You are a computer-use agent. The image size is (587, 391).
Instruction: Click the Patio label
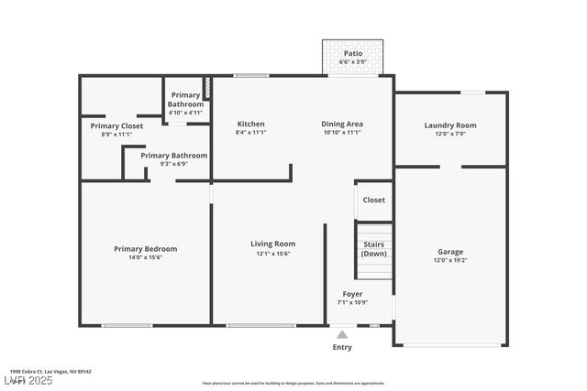click(x=353, y=53)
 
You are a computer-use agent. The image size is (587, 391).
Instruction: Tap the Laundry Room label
click(x=450, y=125)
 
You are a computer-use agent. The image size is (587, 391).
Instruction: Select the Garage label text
click(x=449, y=252)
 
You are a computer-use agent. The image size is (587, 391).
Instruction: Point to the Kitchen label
click(x=250, y=124)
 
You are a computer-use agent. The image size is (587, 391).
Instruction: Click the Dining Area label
click(x=342, y=124)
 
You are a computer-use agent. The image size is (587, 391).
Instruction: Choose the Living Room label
click(x=273, y=244)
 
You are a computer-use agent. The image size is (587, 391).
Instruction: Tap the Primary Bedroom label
click(x=145, y=248)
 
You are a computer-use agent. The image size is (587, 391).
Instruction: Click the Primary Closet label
click(x=116, y=125)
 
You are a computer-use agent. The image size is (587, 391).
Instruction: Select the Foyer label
click(x=352, y=294)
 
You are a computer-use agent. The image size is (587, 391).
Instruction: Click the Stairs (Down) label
click(x=374, y=248)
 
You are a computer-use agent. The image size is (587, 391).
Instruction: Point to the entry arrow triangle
click(x=342, y=334)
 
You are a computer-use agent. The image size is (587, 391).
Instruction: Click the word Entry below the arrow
click(x=342, y=347)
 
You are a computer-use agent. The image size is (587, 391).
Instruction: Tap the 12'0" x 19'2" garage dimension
click(x=449, y=261)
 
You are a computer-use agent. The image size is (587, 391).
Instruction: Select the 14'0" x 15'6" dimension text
click(x=145, y=257)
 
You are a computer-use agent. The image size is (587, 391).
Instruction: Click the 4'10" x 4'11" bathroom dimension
click(x=185, y=114)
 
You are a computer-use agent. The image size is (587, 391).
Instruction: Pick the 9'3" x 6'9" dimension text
click(x=173, y=165)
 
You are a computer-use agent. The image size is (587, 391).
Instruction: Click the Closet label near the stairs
click(x=373, y=200)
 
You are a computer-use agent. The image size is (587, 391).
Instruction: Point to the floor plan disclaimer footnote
click(x=293, y=383)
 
